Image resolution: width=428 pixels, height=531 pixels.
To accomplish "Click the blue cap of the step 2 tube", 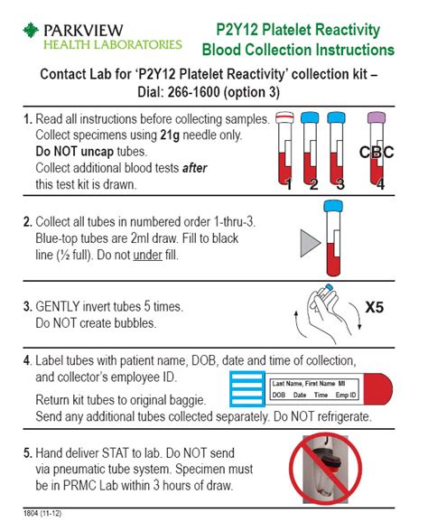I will point(331,207).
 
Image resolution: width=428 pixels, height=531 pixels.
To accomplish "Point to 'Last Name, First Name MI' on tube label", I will point(311,384).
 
